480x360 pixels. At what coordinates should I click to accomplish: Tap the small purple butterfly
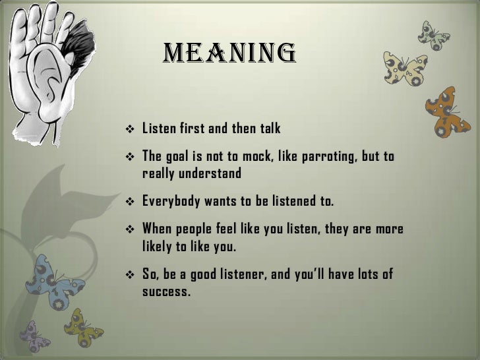click(x=34, y=336)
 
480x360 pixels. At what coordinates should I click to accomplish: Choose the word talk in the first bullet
click(x=267, y=128)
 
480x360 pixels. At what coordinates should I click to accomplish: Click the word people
click(x=199, y=229)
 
